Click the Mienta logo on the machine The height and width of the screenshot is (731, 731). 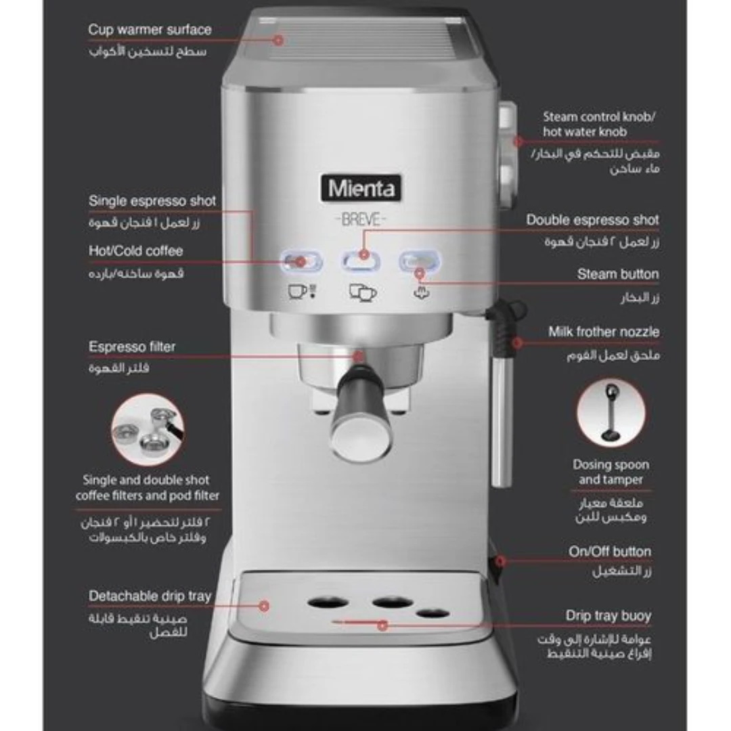(361, 188)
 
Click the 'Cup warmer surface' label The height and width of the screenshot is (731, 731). (150, 30)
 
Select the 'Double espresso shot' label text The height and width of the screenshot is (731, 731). (592, 219)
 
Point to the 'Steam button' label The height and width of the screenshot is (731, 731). (618, 274)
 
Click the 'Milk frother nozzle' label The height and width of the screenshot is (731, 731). (604, 332)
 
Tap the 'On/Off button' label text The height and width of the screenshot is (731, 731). (610, 552)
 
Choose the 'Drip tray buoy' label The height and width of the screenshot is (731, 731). (608, 616)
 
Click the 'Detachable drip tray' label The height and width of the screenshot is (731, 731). (150, 596)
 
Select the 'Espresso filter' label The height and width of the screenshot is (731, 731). (132, 347)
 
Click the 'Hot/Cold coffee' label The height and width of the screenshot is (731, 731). (135, 251)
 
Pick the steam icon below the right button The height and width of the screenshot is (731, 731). (422, 293)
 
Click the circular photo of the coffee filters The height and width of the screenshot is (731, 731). (148, 429)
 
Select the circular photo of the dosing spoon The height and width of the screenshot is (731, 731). (611, 413)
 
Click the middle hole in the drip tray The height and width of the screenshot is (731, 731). (392, 602)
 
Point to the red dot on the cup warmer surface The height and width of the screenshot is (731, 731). (278, 40)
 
